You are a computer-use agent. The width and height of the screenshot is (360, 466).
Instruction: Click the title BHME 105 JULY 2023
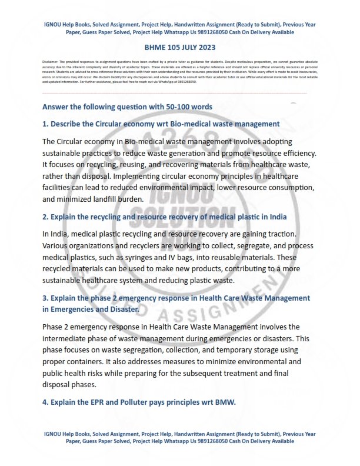180,47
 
